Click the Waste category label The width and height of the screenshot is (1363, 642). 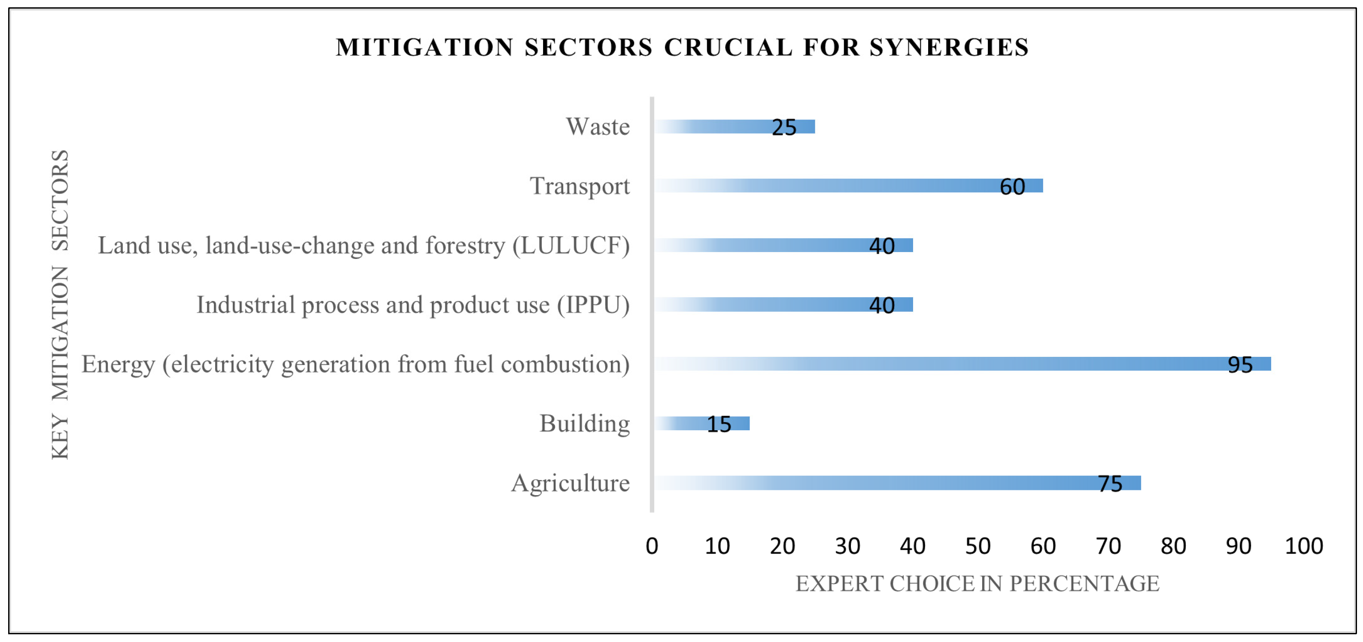pyautogui.click(x=598, y=127)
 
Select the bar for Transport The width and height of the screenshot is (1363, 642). pyautogui.click(x=847, y=186)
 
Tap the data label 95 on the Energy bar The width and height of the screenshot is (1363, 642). pyautogui.click(x=1240, y=365)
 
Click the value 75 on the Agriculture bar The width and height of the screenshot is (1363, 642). pyautogui.click(x=1110, y=484)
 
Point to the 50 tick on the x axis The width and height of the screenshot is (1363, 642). pyautogui.click(x=977, y=546)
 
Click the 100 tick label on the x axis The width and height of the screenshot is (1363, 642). pyautogui.click(x=1304, y=546)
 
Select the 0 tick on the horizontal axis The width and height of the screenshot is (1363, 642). pyautogui.click(x=652, y=546)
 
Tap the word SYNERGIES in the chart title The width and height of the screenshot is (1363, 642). pyautogui.click(x=949, y=47)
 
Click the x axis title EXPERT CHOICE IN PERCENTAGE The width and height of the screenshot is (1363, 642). pyautogui.click(x=977, y=584)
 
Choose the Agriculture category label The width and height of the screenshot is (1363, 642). pyautogui.click(x=571, y=483)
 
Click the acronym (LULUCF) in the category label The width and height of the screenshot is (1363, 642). pyautogui.click(x=571, y=246)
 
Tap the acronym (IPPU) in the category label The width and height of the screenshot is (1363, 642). pyautogui.click(x=593, y=305)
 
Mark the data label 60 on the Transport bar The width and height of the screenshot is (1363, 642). pyautogui.click(x=1012, y=187)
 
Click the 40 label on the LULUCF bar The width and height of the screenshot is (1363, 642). pyautogui.click(x=881, y=246)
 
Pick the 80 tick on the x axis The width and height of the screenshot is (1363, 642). pyautogui.click(x=1173, y=546)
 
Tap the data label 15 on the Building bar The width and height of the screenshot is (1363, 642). pyautogui.click(x=719, y=424)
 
